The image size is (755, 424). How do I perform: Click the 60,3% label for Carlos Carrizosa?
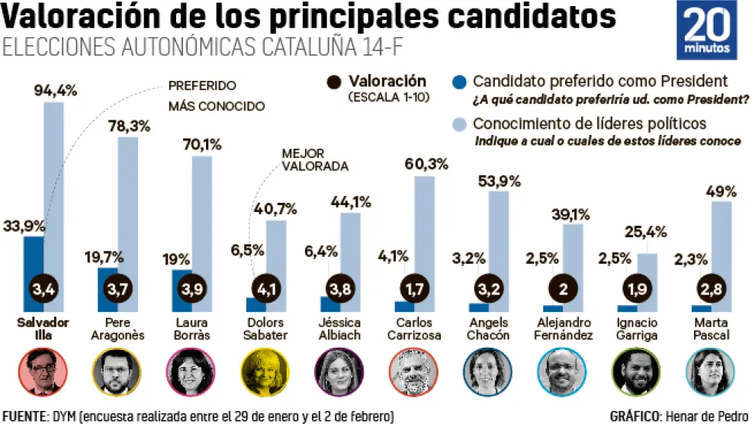(x=426, y=163)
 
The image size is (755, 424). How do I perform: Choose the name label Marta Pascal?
(x=711, y=329)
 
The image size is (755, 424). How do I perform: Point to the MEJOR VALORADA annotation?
(x=315, y=159)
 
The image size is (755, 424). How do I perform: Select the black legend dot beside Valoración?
(x=333, y=82)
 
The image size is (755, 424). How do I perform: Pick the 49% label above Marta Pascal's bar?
(x=721, y=191)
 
